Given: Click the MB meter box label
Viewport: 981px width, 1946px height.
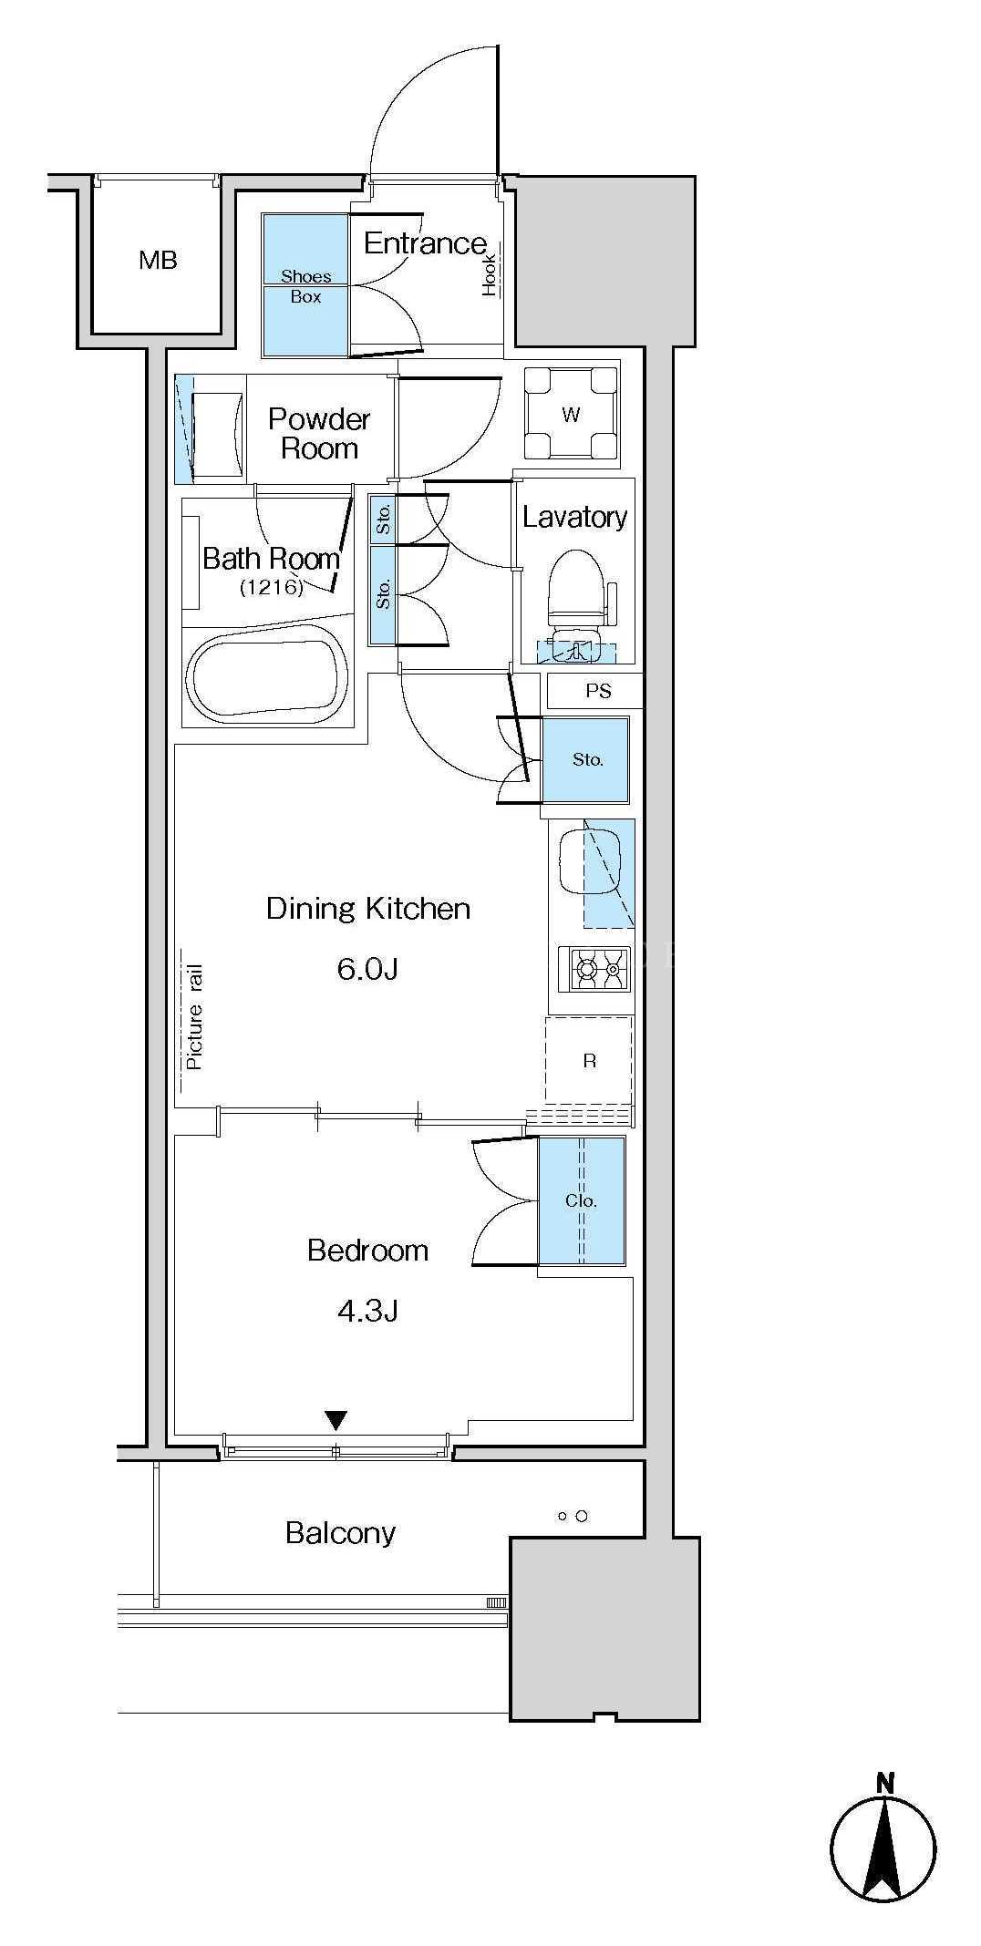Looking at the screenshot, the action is (x=158, y=261).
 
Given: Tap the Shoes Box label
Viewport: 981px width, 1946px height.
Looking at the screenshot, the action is (x=306, y=286).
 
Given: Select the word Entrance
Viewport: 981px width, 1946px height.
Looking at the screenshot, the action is (x=425, y=242).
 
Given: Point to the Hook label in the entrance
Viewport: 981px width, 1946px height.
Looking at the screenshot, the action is (x=490, y=274).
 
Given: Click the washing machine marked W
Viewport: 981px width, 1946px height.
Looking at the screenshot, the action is (x=571, y=415).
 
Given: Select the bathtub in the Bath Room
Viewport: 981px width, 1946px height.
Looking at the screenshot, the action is (x=267, y=677).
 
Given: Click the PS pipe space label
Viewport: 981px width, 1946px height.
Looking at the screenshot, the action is (x=598, y=691).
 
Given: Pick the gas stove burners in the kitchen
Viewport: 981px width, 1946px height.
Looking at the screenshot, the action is (x=594, y=968).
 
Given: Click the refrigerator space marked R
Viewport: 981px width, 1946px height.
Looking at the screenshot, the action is (x=589, y=1060).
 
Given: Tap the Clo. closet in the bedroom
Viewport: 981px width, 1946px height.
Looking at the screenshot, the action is (x=581, y=1200).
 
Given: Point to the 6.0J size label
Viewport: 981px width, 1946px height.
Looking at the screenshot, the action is (x=367, y=968).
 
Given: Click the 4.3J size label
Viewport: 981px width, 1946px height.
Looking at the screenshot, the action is (x=367, y=1311).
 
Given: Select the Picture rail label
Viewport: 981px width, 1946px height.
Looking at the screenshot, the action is (x=194, y=1017).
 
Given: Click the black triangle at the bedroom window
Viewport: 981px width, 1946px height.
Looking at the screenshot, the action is (x=336, y=1420).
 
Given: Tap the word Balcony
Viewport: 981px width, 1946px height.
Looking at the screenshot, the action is (x=340, y=1533).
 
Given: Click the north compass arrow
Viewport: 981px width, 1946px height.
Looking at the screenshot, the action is (x=883, y=1846).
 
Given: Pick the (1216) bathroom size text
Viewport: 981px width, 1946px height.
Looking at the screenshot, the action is (x=272, y=587).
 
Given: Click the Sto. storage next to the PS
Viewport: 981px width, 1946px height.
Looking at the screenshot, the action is (x=586, y=759).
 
